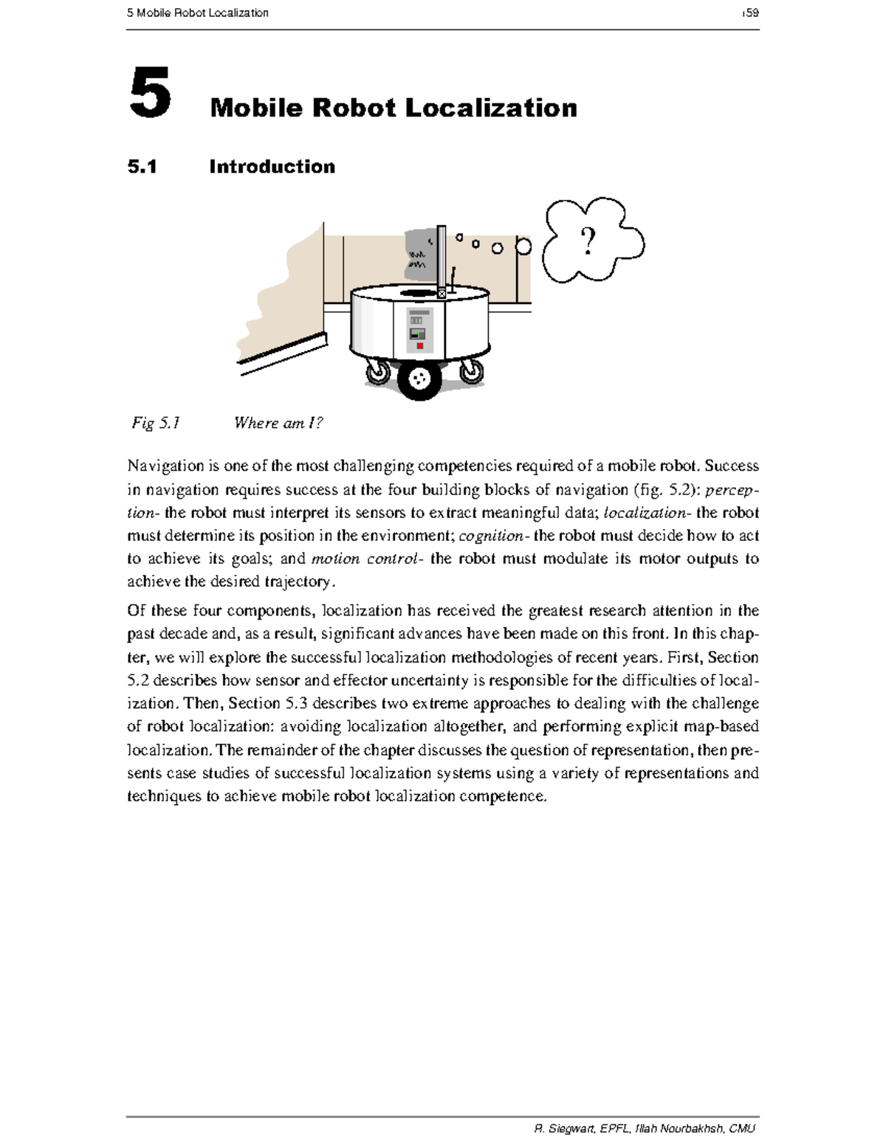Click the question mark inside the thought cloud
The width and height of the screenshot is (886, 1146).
588,241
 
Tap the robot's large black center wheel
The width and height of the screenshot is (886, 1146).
419,379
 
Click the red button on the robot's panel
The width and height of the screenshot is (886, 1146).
419,345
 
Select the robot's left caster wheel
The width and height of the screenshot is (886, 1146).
378,373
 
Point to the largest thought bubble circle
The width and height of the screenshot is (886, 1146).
523,246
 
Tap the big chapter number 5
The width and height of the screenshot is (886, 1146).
150,93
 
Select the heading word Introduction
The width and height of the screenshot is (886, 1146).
272,167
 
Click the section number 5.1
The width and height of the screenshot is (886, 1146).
142,167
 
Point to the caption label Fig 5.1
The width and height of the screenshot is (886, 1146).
156,423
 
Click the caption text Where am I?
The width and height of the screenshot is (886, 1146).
278,423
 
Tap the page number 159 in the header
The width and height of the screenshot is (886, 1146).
751,13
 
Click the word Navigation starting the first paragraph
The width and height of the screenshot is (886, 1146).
165,466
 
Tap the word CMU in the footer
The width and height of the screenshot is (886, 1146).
741,1128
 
